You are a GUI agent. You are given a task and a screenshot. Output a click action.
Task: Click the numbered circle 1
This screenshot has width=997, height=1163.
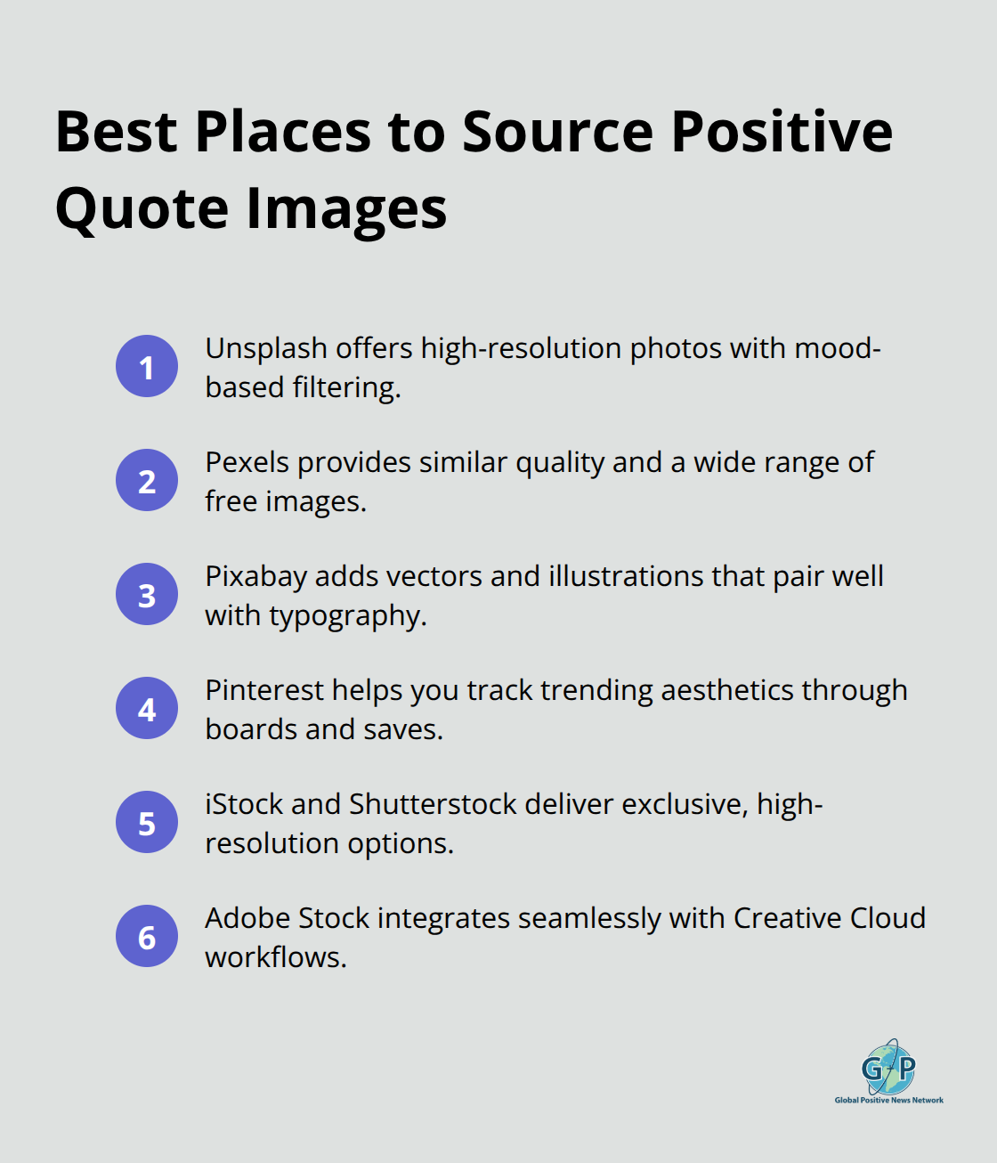tap(147, 366)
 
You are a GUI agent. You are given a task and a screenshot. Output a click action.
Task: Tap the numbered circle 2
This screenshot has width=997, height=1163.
tap(147, 480)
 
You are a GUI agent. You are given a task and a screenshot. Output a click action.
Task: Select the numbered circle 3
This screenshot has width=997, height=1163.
tap(147, 594)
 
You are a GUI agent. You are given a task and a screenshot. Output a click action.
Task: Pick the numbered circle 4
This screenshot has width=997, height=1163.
tap(147, 708)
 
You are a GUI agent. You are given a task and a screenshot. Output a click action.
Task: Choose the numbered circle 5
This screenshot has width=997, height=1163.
tap(147, 822)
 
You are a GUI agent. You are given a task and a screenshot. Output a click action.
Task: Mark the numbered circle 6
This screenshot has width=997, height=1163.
tap(147, 936)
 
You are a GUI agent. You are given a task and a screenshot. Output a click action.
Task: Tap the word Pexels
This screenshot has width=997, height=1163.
tap(247, 462)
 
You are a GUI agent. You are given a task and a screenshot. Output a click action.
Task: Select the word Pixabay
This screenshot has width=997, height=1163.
tap(255, 576)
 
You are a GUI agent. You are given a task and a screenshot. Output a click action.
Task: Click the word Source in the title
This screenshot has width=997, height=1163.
tap(558, 132)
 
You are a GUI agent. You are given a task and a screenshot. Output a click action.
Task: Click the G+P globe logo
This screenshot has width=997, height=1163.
tap(888, 1067)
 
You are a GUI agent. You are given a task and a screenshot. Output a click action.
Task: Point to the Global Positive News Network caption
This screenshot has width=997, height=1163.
tap(888, 1101)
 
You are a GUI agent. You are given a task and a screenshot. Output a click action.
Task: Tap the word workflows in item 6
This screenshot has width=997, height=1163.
tap(275, 957)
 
